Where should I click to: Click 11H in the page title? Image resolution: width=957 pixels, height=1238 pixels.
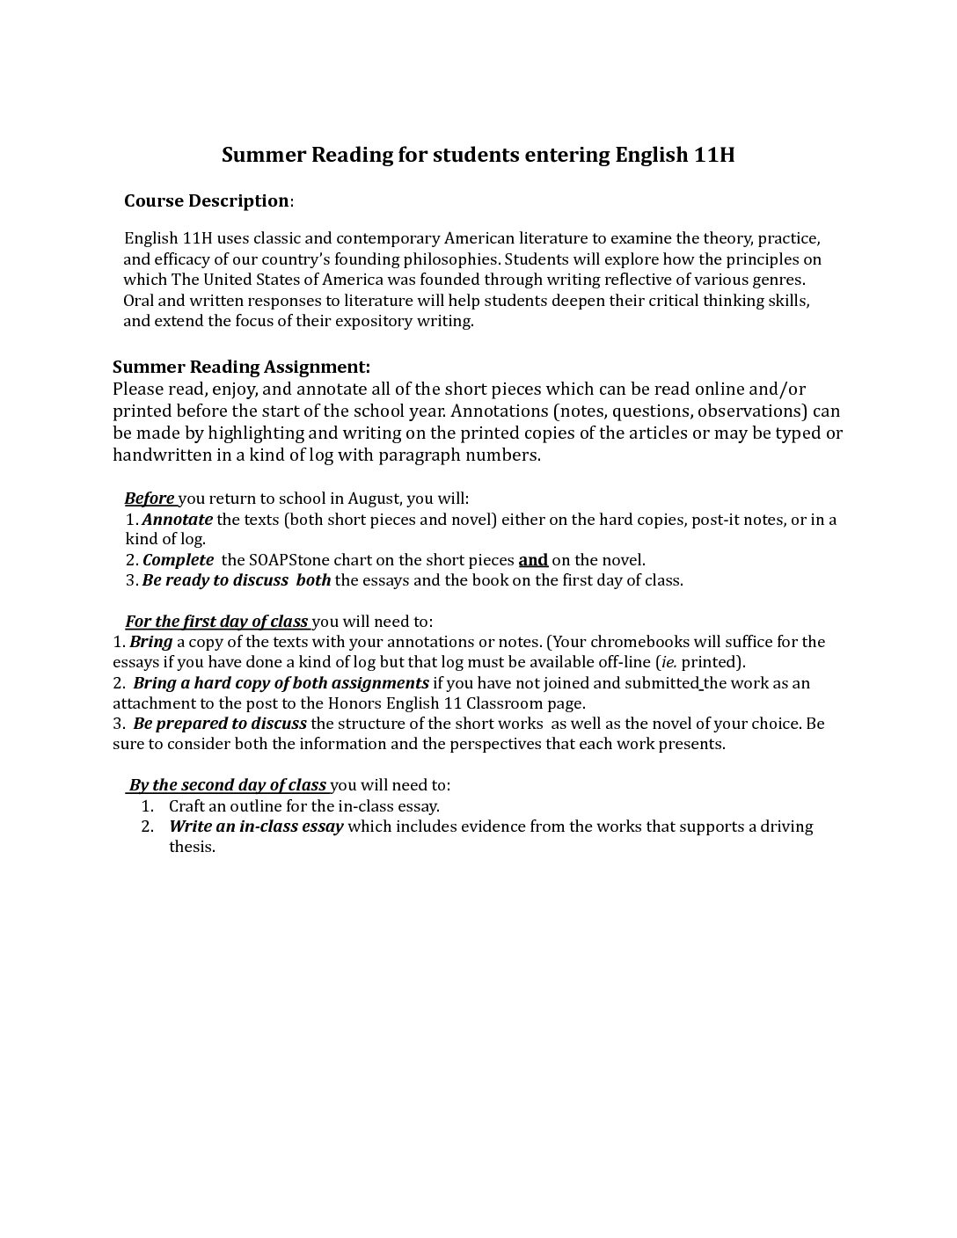pos(713,156)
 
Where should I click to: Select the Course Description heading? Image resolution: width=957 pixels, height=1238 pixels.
pos(207,200)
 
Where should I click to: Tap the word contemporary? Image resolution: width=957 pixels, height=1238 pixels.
pos(387,238)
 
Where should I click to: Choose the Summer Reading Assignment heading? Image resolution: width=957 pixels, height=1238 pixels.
pos(241,367)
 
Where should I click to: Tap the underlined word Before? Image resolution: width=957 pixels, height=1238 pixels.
pos(150,499)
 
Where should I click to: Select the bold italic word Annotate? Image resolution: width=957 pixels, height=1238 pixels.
pos(178,520)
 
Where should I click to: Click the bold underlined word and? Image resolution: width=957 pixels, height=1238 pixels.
pos(533,560)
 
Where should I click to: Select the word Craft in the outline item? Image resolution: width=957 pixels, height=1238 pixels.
pos(187,805)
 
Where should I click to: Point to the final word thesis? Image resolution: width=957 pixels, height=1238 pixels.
pos(192,847)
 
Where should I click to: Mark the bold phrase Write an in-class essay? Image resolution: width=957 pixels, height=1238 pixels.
pos(256,827)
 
